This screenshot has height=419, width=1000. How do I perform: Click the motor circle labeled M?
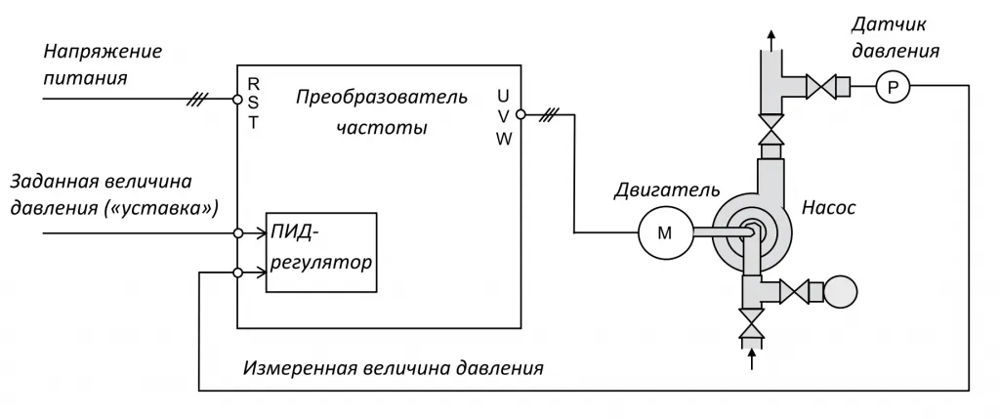point(664,232)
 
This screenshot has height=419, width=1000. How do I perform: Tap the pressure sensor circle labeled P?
point(891,89)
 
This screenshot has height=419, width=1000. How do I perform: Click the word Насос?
point(829,207)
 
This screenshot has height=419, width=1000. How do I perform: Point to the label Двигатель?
point(668,189)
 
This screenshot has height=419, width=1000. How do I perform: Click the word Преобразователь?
point(382,98)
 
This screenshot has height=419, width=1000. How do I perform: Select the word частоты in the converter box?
point(381,128)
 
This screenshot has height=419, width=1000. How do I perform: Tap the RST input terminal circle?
point(236,100)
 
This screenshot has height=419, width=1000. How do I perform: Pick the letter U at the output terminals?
point(503,96)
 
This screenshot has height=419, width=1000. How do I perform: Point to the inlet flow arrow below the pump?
point(751,357)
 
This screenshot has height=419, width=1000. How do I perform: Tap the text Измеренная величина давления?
point(393,369)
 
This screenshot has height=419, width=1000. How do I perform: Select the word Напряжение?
point(103,51)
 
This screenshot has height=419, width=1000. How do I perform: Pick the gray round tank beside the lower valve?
point(839,291)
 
